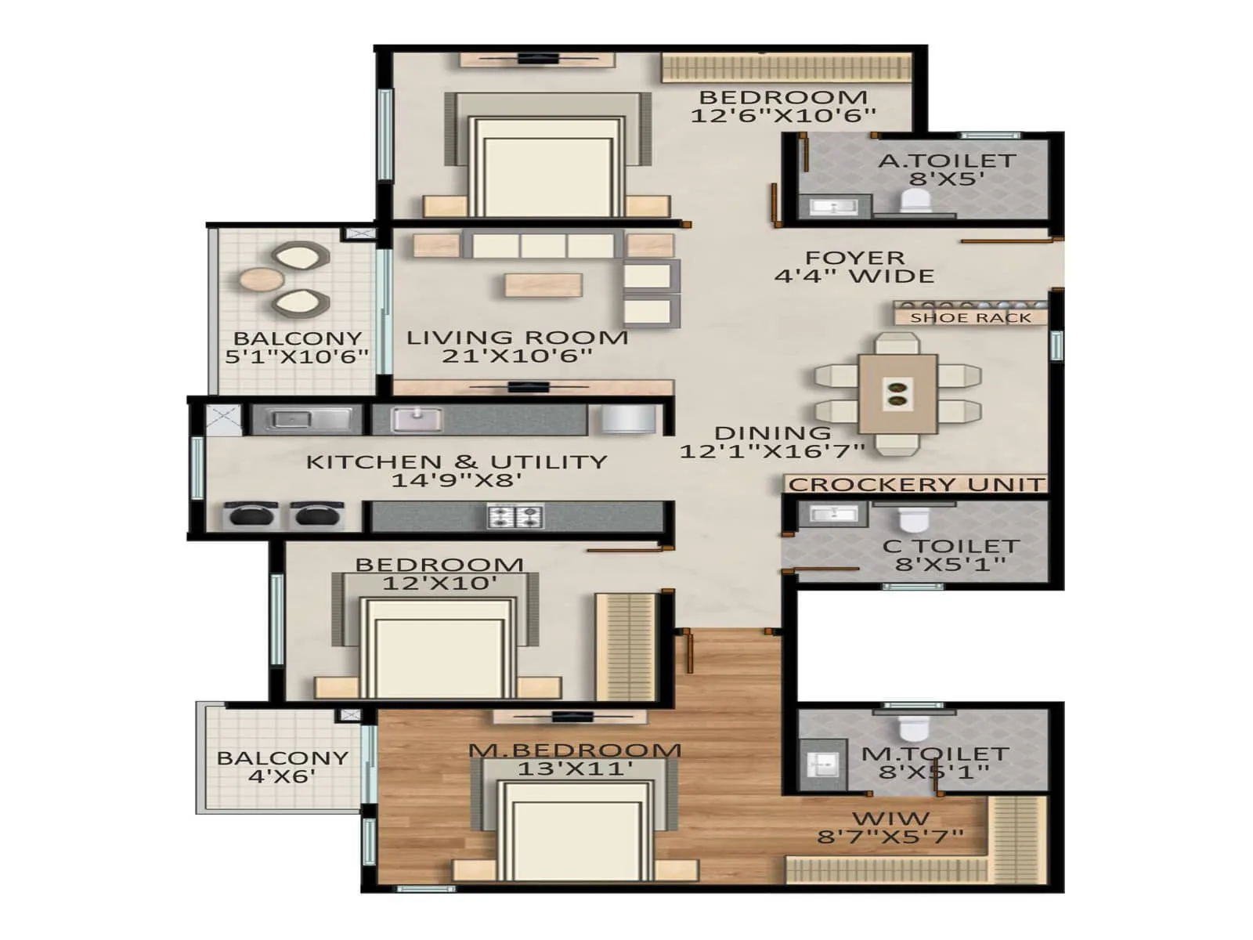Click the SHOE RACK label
[x=970, y=318]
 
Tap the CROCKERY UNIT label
[x=916, y=485]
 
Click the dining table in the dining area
[x=897, y=393]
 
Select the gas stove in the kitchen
[x=515, y=516]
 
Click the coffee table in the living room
[x=543, y=284]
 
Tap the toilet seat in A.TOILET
[x=915, y=201]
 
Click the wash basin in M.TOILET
[x=822, y=763]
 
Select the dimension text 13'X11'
[x=575, y=768]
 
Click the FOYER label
[x=854, y=258]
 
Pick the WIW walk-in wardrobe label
[x=890, y=819]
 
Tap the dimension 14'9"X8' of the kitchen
[x=456, y=480]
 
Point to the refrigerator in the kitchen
[x=628, y=418]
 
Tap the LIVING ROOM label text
[x=517, y=338]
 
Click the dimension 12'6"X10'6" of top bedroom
[x=782, y=116]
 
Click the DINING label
[x=772, y=433]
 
